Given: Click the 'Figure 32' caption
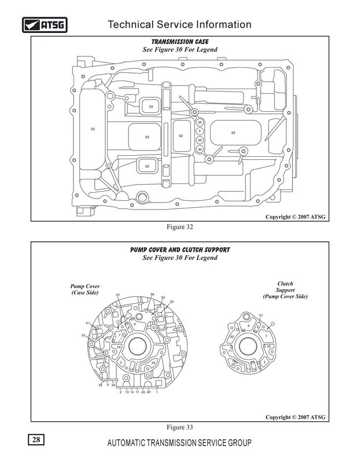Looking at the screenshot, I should click(180, 227).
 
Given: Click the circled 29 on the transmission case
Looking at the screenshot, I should click(200, 123).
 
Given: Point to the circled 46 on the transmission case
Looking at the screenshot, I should click(200, 149).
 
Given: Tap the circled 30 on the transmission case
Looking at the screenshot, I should click(200, 140).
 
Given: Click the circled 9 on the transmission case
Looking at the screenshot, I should click(200, 131).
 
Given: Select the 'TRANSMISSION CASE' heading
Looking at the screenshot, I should click(180, 42).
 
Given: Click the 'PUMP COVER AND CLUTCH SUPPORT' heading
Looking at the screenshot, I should click(180, 250).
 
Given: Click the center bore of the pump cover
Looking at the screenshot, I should click(137, 347).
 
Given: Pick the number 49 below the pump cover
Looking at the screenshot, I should click(148, 392).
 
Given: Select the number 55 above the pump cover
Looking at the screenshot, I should click(152, 295).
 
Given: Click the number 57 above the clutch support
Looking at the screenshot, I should click(261, 315).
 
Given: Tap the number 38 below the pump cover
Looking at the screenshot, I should click(100, 384).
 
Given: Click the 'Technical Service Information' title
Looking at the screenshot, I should click(180, 24).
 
